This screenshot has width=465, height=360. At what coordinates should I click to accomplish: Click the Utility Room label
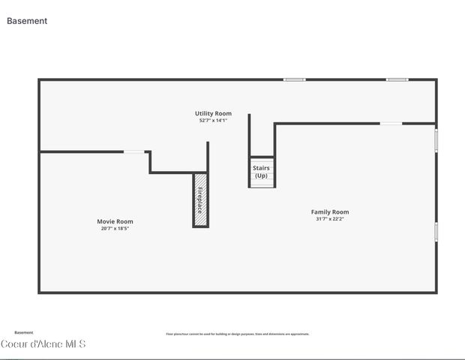point(213,113)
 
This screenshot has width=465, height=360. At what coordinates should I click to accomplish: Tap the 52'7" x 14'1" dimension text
point(213,120)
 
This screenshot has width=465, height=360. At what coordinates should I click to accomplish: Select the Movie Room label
point(115,221)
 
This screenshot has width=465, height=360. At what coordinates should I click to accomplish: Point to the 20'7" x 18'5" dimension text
point(115,228)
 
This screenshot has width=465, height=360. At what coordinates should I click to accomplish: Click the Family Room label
point(330,212)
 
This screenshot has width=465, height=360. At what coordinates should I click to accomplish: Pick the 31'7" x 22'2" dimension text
point(330,219)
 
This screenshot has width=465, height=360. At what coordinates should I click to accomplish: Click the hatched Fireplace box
point(200,199)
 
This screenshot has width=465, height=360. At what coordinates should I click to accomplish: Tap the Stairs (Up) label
point(261,172)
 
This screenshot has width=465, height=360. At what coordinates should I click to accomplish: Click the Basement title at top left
point(27,21)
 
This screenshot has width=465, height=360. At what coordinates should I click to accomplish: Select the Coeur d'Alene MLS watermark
point(43,344)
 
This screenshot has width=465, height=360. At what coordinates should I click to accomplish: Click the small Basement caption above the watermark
point(24,332)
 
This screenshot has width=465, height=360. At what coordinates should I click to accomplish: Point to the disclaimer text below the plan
point(237,334)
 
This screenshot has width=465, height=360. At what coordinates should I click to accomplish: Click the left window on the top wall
point(294,79)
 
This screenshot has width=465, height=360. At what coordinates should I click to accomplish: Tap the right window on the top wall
point(397,79)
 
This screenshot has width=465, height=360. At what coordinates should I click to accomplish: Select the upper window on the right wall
point(436,139)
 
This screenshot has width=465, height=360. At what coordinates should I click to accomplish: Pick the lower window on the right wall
point(436,231)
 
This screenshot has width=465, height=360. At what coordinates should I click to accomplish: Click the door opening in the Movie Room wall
point(134,152)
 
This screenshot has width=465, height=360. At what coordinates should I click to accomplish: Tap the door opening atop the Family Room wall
point(391,124)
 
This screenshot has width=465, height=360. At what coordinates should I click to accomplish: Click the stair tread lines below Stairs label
point(261,183)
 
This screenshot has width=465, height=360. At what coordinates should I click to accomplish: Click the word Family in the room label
point(321,212)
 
